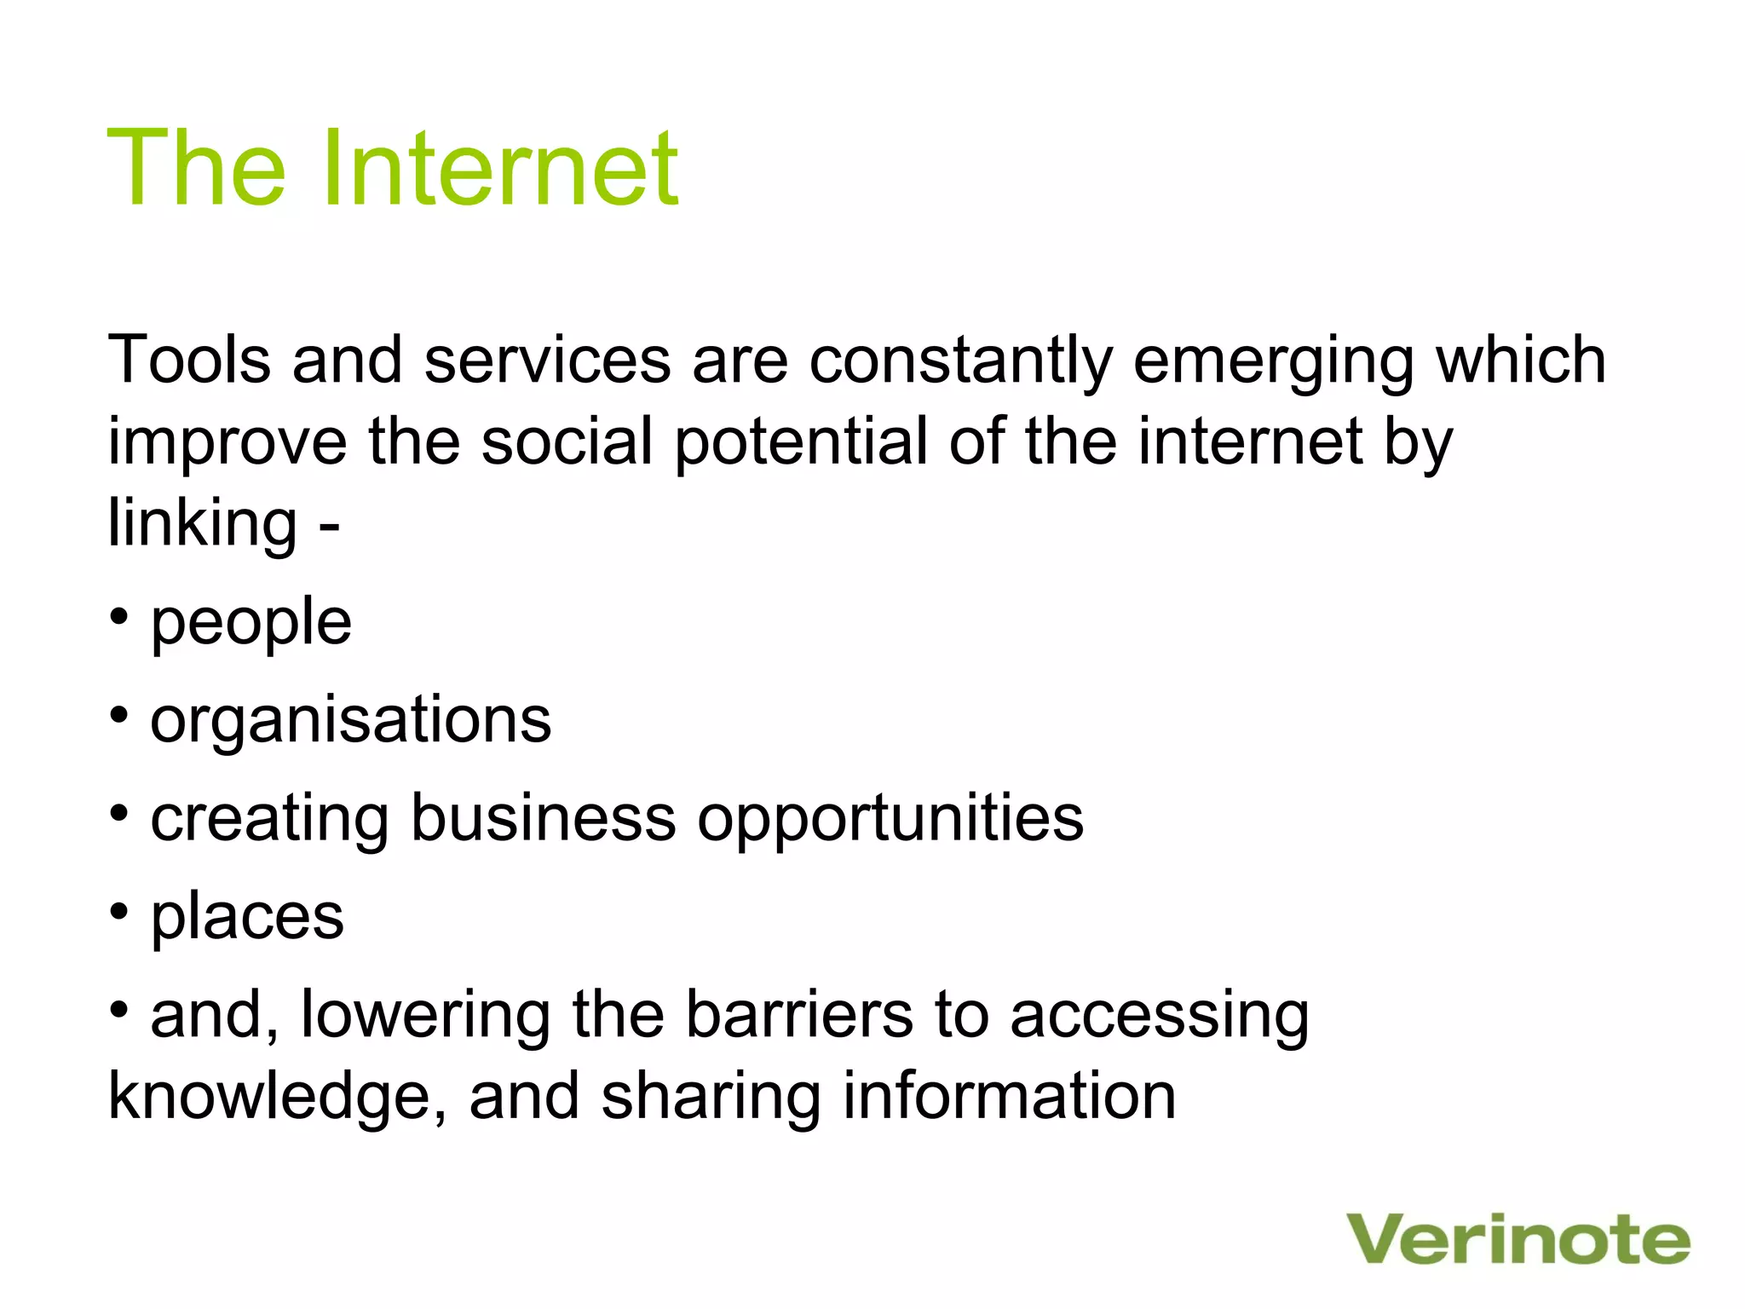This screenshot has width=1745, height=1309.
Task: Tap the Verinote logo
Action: [x=1518, y=1239]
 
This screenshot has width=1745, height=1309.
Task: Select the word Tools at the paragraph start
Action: [x=189, y=360]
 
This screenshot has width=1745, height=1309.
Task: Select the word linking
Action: [x=203, y=524]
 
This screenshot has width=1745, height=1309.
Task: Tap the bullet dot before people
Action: [x=119, y=615]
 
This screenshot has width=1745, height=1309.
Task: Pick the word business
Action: [x=544, y=817]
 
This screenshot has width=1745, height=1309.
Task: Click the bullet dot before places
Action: [x=119, y=911]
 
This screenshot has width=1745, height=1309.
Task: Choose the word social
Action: [x=567, y=441]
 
